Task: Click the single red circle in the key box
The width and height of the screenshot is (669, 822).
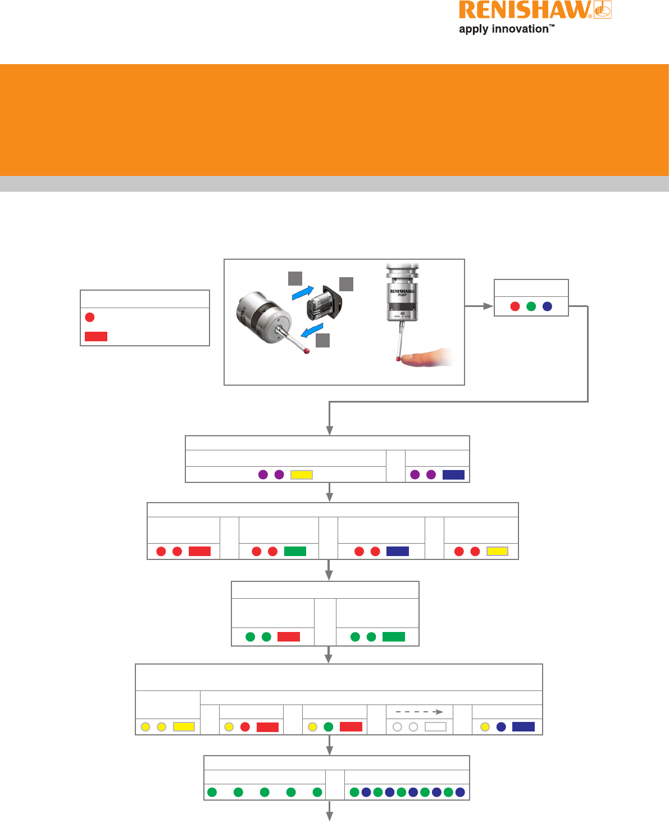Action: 90,318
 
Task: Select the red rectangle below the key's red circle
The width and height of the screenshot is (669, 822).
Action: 96,336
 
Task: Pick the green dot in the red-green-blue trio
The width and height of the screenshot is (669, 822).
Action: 531,306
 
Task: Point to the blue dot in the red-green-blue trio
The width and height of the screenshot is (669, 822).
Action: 548,306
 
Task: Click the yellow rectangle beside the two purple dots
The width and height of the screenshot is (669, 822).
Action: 302,475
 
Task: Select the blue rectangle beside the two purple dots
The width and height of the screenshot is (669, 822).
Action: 453,475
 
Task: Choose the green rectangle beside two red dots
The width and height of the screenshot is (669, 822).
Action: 295,552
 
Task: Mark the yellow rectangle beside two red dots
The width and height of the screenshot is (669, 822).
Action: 497,552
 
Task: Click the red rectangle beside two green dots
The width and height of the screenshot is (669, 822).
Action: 289,637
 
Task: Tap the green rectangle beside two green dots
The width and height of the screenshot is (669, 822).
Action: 394,637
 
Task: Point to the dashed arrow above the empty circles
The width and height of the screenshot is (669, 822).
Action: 419,712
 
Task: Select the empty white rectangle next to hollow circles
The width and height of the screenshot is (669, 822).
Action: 435,727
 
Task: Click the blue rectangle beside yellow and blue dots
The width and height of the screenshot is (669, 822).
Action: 524,727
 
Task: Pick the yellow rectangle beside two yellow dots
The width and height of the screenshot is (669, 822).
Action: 184,727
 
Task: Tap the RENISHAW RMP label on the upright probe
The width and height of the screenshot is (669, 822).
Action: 402,292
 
